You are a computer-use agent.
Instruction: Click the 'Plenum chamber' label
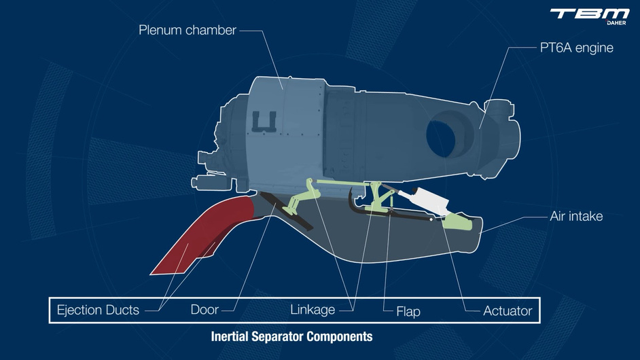188,30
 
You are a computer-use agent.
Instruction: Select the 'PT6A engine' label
576,48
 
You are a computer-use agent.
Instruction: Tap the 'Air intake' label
575,217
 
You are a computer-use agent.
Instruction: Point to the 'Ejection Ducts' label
98,310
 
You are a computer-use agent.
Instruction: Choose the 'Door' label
205,310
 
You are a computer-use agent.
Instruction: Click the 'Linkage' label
313,310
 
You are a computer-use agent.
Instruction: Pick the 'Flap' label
408,312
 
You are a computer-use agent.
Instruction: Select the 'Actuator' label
507,311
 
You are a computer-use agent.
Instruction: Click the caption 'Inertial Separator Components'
291,336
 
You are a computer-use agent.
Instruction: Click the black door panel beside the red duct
285,211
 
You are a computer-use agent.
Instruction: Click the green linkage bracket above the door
303,197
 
